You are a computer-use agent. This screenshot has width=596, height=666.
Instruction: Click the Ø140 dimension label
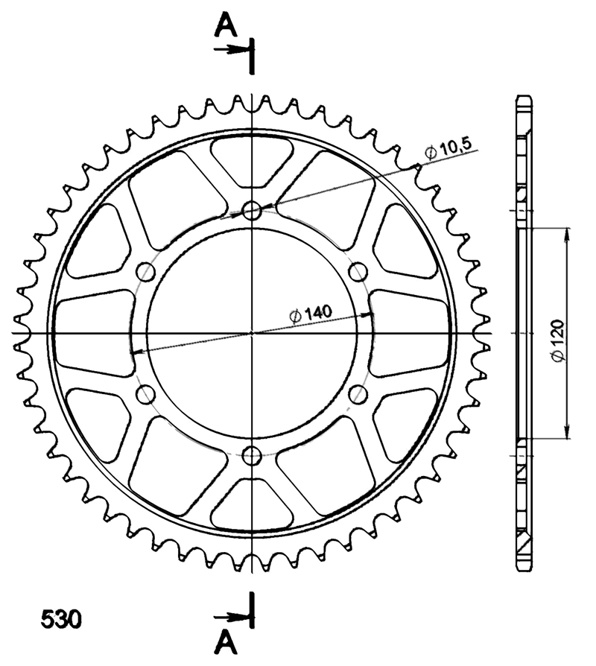[x=310, y=314]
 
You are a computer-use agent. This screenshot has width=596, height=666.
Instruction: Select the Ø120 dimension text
[x=558, y=341]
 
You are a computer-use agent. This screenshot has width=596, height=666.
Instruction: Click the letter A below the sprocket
[x=226, y=642]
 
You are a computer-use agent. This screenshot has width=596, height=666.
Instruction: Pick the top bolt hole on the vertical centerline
[x=252, y=210]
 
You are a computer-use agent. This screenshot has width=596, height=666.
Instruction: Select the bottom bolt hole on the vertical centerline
[x=252, y=455]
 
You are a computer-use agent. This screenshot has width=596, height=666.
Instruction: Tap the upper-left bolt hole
[x=145, y=271]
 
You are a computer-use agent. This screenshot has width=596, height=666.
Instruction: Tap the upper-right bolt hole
[x=358, y=271]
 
